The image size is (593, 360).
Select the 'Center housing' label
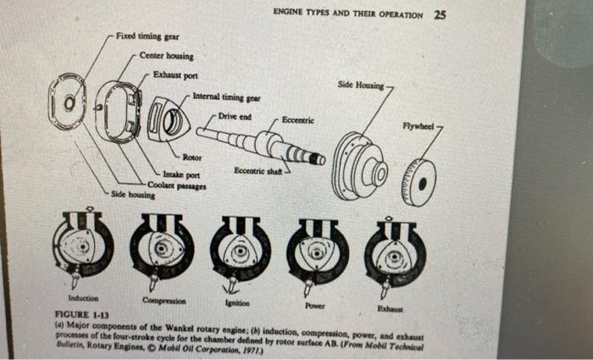[x=167, y=57]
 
